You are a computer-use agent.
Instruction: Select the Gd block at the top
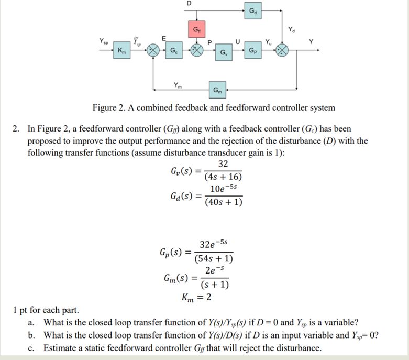(x=252, y=11)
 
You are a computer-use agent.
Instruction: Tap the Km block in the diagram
(x=122, y=50)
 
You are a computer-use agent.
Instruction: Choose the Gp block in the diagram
(x=252, y=50)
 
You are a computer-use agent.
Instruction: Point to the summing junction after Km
(x=152, y=50)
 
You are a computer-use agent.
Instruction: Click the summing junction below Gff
(x=196, y=50)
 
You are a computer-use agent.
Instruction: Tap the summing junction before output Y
(x=282, y=50)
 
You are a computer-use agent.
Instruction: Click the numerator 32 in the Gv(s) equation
(x=223, y=163)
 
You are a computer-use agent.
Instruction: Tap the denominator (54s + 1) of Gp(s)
(x=214, y=258)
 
